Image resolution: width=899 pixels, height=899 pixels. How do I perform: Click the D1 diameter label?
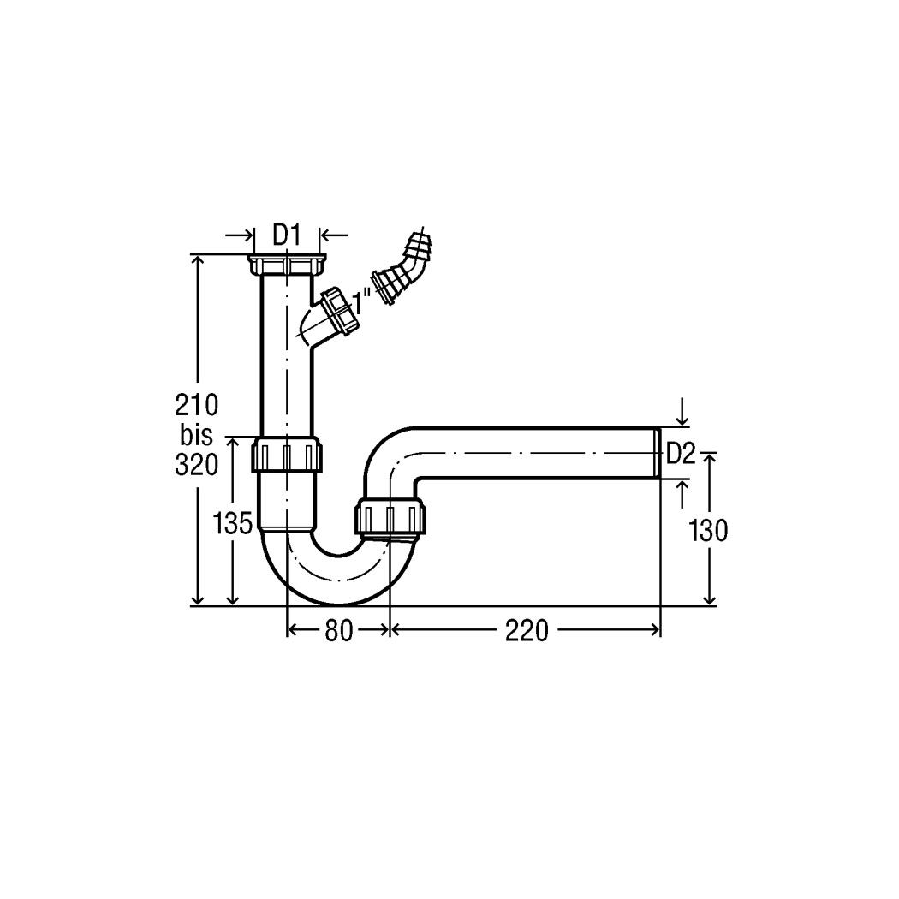point(286,235)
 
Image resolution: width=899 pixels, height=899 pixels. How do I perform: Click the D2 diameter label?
point(681,455)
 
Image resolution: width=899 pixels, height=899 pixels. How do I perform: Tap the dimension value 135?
point(233,523)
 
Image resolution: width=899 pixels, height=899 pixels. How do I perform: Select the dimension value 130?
point(708,530)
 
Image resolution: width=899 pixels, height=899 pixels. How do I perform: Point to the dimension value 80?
point(339,631)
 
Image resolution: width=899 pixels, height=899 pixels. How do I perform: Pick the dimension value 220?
point(527,631)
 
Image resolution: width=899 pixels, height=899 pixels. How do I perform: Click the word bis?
point(196,435)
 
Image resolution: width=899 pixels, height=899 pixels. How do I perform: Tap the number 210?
point(197,405)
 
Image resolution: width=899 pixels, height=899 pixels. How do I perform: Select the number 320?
point(197,465)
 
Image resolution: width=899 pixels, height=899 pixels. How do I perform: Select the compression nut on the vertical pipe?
point(287,454)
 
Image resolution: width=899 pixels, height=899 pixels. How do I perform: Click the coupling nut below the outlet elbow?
point(390,516)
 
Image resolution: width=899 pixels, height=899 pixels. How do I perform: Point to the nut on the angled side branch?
point(339,313)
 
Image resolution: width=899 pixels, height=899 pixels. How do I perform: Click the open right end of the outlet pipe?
point(658,452)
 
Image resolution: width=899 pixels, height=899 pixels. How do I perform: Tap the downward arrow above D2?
point(682,412)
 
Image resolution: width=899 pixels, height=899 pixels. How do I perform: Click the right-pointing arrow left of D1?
point(239,235)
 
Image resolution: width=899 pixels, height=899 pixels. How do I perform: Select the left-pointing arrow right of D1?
point(334,235)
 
